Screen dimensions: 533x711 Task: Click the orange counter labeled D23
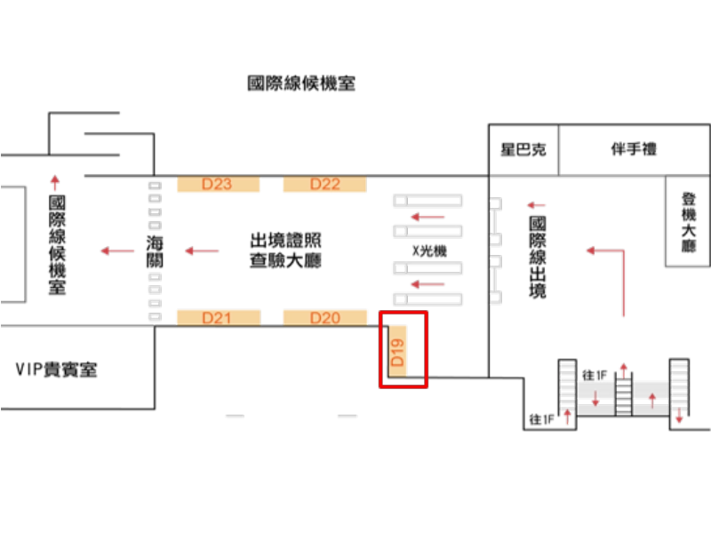[x=218, y=185]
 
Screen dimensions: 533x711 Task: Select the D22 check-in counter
[x=324, y=185]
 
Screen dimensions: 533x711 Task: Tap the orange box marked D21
[x=218, y=317]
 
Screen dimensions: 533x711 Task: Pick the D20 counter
[x=324, y=317]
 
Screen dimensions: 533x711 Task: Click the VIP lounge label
[x=56, y=370]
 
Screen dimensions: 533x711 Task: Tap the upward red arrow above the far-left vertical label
[x=55, y=182]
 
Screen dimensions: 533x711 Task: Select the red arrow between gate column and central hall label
[x=201, y=251]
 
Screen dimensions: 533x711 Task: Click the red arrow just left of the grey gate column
[x=117, y=251]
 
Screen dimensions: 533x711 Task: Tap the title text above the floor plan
[x=301, y=84]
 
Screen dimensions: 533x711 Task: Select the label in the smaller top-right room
[x=523, y=149]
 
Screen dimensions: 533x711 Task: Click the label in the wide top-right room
[x=633, y=149]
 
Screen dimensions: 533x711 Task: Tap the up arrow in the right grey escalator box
[x=652, y=397]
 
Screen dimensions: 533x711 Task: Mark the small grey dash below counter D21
[x=234, y=416]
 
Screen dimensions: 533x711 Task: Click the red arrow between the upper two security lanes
[x=427, y=216]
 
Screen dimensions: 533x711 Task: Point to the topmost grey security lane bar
[x=428, y=200]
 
